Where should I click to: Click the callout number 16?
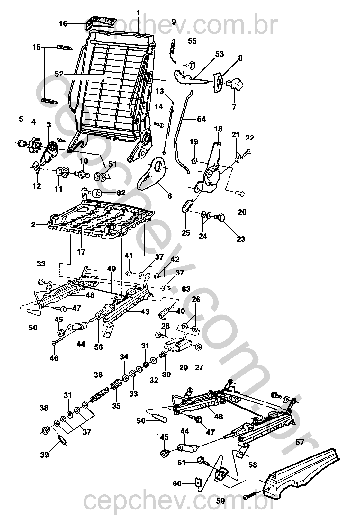[x=63, y=24]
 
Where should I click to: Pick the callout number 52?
[x=59, y=74]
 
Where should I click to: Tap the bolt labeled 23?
[x=219, y=218]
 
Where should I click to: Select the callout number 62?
[x=121, y=194]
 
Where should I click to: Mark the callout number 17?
[x=81, y=252]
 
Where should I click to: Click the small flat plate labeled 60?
[x=198, y=483]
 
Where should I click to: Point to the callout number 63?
[x=186, y=289]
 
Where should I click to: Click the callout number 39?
[x=45, y=454]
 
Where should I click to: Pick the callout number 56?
[x=99, y=347]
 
